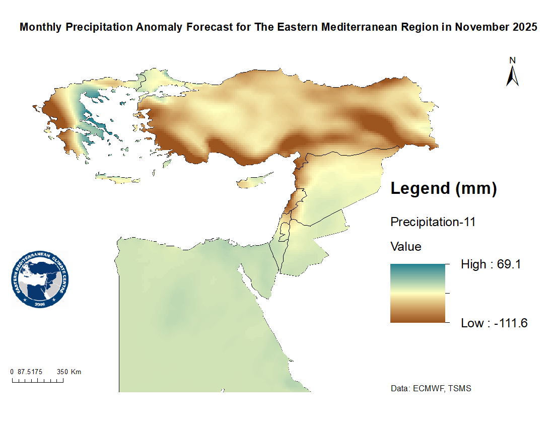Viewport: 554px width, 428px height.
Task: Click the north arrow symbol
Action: (513, 76)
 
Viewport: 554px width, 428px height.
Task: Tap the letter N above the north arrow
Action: (513, 60)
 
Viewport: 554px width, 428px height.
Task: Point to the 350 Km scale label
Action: (69, 372)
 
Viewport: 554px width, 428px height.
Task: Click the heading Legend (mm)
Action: (444, 189)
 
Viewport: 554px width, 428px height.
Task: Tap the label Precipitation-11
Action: (433, 222)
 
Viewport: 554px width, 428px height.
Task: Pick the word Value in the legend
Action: (406, 247)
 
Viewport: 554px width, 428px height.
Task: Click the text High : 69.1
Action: (490, 264)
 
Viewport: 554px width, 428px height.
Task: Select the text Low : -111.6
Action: (494, 323)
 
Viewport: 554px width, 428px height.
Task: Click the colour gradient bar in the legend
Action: (418, 293)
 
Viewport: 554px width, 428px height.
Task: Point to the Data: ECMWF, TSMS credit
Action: (431, 389)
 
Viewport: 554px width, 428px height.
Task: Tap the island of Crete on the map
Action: (119, 178)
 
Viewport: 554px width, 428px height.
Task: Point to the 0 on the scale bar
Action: (12, 372)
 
